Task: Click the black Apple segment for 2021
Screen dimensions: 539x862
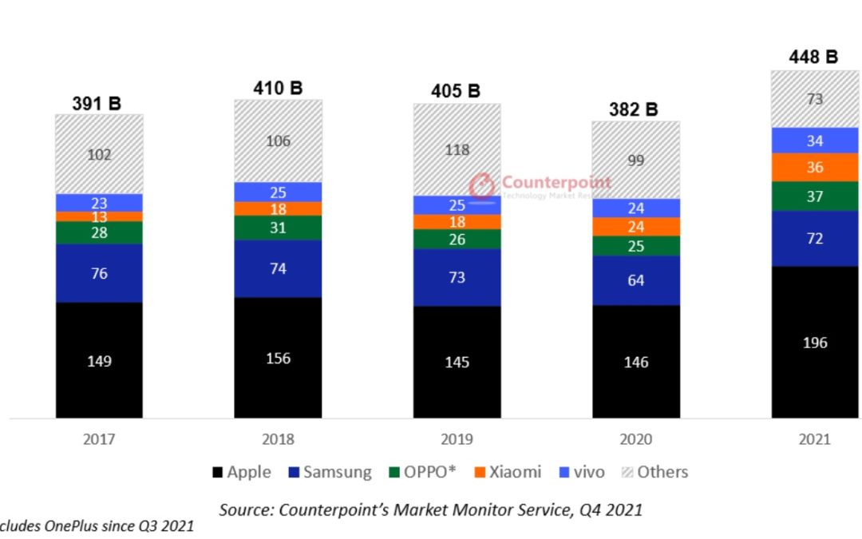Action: click(815, 342)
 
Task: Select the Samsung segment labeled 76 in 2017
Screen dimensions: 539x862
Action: click(99, 273)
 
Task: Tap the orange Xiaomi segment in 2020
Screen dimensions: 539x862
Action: click(636, 227)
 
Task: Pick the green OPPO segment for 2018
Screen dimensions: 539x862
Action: click(278, 228)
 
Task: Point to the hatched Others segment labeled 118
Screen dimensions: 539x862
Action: click(457, 150)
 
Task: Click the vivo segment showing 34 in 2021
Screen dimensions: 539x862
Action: click(815, 141)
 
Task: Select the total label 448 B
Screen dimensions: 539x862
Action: click(814, 57)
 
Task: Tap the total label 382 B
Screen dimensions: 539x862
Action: click(635, 109)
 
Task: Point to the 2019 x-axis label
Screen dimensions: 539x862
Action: click(457, 439)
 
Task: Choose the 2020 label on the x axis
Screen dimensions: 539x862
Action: click(635, 439)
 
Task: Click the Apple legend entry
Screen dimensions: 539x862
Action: click(242, 472)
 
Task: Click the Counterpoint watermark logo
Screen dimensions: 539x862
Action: click(482, 186)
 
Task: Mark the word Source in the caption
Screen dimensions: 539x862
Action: click(245, 509)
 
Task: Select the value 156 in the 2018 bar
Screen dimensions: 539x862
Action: click(278, 358)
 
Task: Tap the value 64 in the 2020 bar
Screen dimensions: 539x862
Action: click(636, 280)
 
